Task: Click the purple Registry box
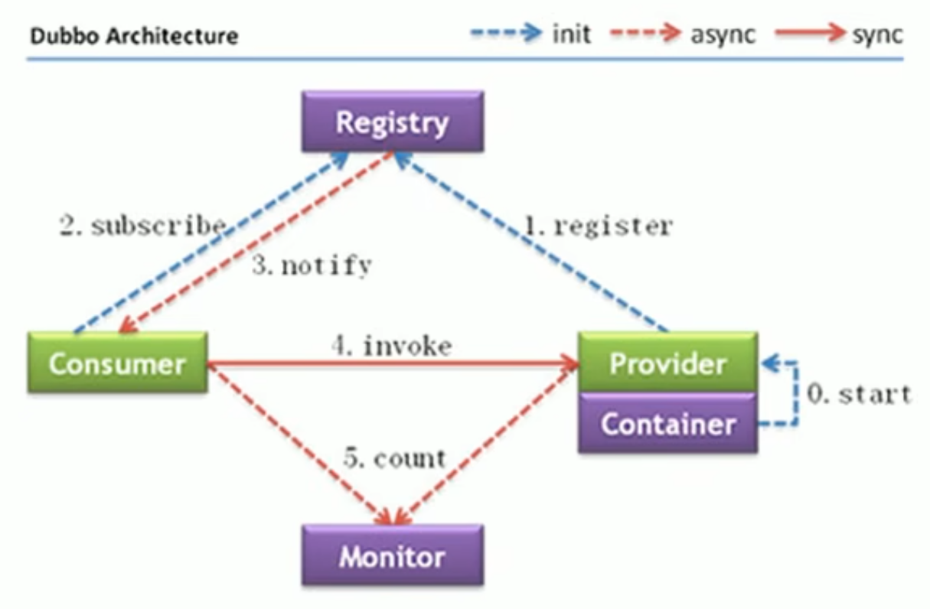click(x=392, y=122)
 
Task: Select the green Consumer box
click(x=117, y=363)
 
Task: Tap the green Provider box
click(x=667, y=363)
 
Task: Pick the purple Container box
click(x=667, y=423)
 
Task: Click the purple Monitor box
click(x=392, y=555)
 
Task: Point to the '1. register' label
click(x=598, y=226)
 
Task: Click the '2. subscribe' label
click(x=142, y=226)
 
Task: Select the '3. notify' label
click(x=312, y=265)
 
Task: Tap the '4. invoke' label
click(x=391, y=346)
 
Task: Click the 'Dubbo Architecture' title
click(x=133, y=35)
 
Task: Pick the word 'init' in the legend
click(x=571, y=34)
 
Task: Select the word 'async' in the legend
click(x=721, y=34)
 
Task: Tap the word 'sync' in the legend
click(x=877, y=34)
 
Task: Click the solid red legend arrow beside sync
click(x=810, y=34)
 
